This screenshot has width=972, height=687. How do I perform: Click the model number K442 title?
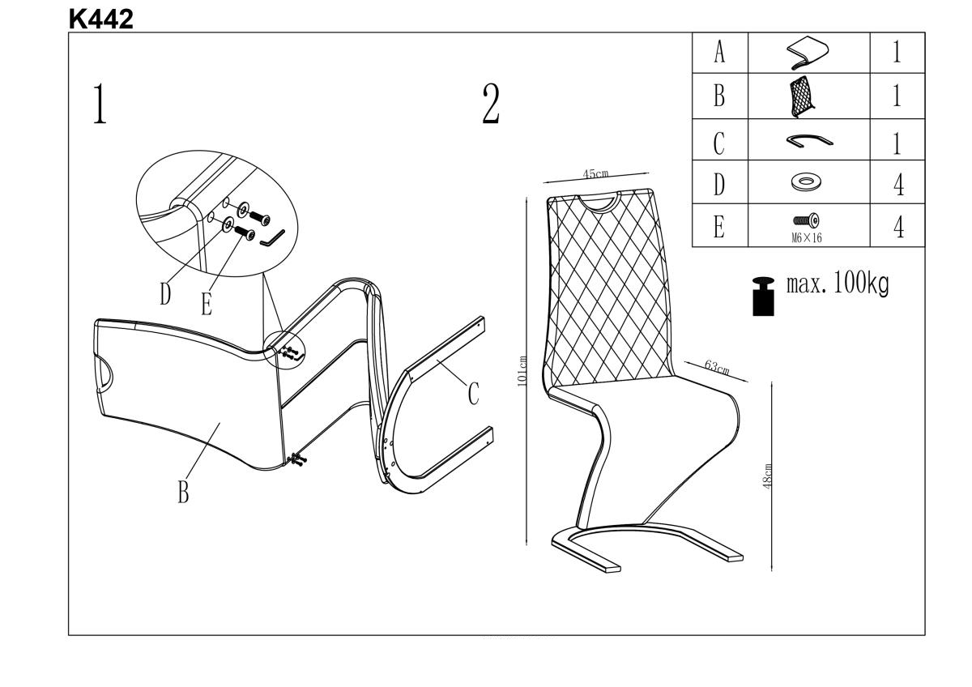point(101,19)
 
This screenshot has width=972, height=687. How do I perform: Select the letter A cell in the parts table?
point(718,53)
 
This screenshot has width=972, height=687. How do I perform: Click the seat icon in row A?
point(808,53)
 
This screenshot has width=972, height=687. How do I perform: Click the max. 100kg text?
point(838,285)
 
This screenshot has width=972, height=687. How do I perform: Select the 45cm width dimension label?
point(598,174)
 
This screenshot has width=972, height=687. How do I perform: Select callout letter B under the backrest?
point(183,491)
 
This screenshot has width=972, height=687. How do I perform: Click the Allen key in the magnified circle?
point(273,237)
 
